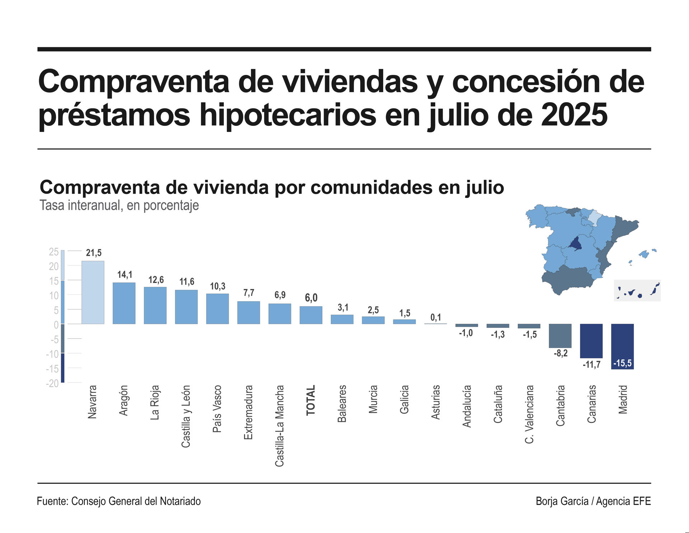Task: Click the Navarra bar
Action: coord(93,292)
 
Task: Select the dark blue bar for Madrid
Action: coord(622,344)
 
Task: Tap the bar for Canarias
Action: coord(591,341)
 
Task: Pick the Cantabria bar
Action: coord(560,336)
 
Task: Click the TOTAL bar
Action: coord(311,315)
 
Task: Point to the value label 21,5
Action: coord(94,253)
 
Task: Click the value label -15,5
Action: coord(622,363)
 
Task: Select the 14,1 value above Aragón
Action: coord(125,275)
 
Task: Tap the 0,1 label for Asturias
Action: coord(436,317)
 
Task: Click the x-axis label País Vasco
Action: coord(217,409)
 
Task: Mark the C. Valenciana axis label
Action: coord(529,414)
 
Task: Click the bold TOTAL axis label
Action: coord(310,400)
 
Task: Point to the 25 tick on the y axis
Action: coord(54,252)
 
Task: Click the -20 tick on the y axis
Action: coord(52,383)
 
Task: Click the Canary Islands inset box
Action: coord(637,291)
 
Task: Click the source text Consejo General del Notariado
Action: coord(136,501)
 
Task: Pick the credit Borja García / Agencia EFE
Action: coord(593,501)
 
